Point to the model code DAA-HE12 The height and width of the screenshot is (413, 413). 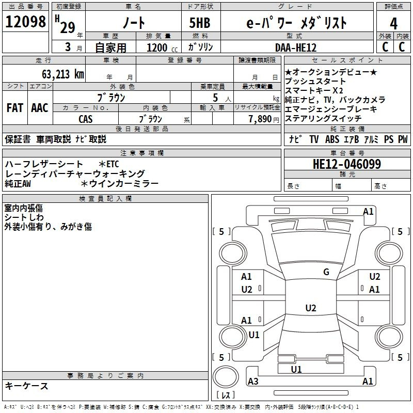pos(295,47)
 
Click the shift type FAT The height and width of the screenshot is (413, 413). pos(15,108)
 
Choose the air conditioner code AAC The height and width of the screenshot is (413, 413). pos(40,108)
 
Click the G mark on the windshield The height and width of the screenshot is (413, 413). pos(326,272)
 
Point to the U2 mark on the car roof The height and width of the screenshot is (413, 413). pos(310,308)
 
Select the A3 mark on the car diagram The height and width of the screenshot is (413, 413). pos(253,382)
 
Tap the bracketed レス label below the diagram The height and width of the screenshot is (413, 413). pos(226,396)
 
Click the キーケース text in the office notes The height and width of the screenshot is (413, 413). pos(27,386)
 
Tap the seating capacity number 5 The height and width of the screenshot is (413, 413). pos(214,98)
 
